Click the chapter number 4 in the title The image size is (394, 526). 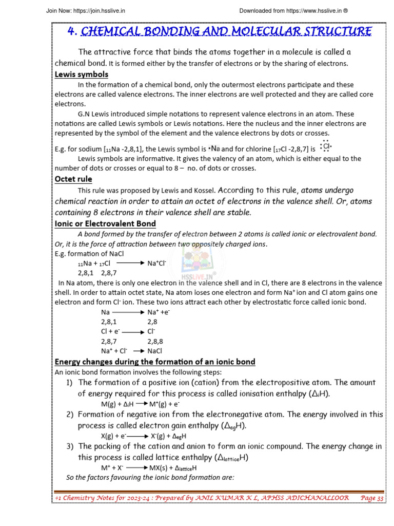(72, 31)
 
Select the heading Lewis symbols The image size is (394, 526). (82, 74)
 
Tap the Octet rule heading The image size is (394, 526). (73, 179)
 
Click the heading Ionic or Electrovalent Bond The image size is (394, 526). (105, 223)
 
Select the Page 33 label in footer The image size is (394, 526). (372, 498)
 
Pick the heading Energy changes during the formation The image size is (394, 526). (155, 362)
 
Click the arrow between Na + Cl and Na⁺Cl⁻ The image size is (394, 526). (131, 263)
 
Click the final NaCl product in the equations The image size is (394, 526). (154, 351)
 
